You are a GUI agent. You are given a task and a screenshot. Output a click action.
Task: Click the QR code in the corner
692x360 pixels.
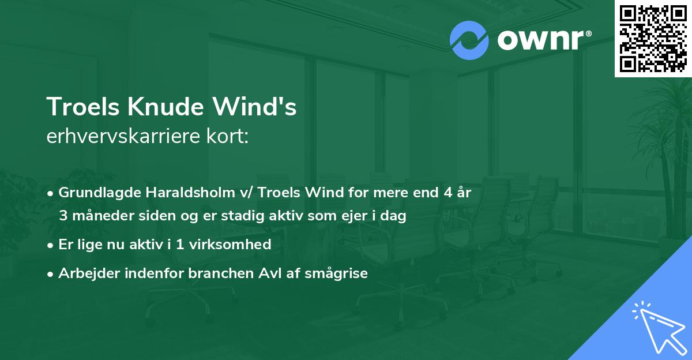pyautogui.click(x=653, y=38)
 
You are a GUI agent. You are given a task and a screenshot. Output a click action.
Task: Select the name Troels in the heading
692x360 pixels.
pyautogui.click(x=78, y=107)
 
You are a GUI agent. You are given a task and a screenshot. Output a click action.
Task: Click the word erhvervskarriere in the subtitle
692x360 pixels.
pyautogui.click(x=124, y=137)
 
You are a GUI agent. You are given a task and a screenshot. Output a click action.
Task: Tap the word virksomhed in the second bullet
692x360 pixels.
pyautogui.click(x=232, y=245)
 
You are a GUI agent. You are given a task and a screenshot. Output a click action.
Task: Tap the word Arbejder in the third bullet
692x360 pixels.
pyautogui.click(x=84, y=273)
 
